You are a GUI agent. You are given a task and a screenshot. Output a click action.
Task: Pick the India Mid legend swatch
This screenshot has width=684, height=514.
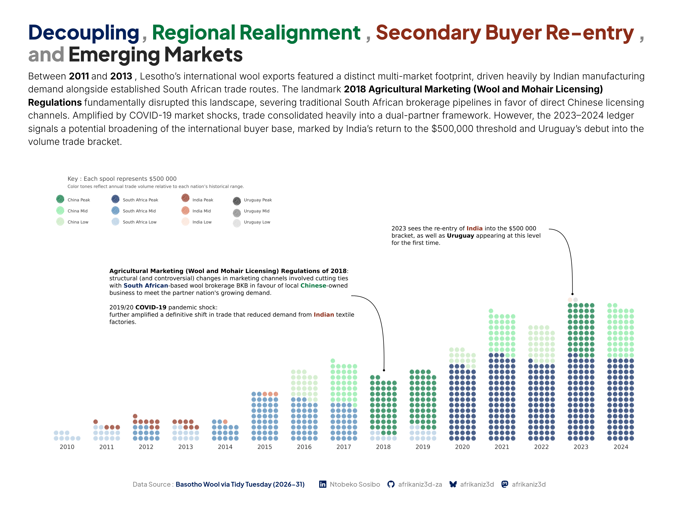point(185,211)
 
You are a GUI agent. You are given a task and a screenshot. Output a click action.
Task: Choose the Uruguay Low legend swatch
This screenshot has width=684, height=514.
point(237,223)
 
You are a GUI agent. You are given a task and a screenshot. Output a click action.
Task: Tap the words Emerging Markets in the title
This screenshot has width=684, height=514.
point(155,54)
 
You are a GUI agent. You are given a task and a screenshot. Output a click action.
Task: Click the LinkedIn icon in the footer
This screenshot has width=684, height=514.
point(322,484)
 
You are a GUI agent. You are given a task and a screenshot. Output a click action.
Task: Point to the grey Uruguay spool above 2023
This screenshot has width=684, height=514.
point(575,300)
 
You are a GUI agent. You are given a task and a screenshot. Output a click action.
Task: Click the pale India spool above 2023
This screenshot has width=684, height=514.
point(570,300)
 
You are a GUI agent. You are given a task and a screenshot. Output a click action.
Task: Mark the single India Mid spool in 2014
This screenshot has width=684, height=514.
point(225,422)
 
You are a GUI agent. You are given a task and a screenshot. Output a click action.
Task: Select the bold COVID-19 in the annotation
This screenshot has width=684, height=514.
point(151,308)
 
